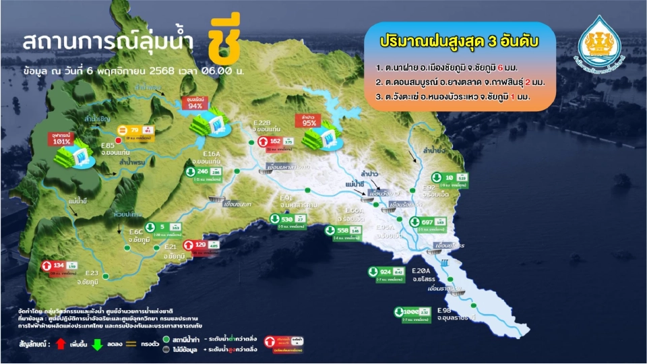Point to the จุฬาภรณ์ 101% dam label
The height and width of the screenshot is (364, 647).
63,139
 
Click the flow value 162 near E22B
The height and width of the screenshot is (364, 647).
275,141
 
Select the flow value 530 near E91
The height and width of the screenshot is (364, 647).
287,219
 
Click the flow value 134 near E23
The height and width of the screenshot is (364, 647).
59,265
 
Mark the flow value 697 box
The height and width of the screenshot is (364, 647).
427,221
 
